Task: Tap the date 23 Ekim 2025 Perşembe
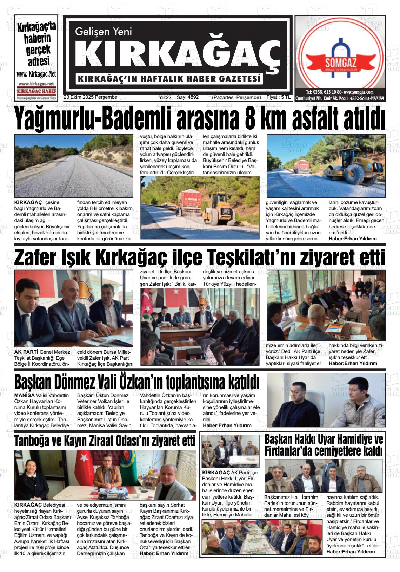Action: (90, 97)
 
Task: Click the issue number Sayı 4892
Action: (188, 97)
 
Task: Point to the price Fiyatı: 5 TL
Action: (279, 97)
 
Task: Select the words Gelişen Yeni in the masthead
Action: (104, 32)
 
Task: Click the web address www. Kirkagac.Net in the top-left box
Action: (36, 74)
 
